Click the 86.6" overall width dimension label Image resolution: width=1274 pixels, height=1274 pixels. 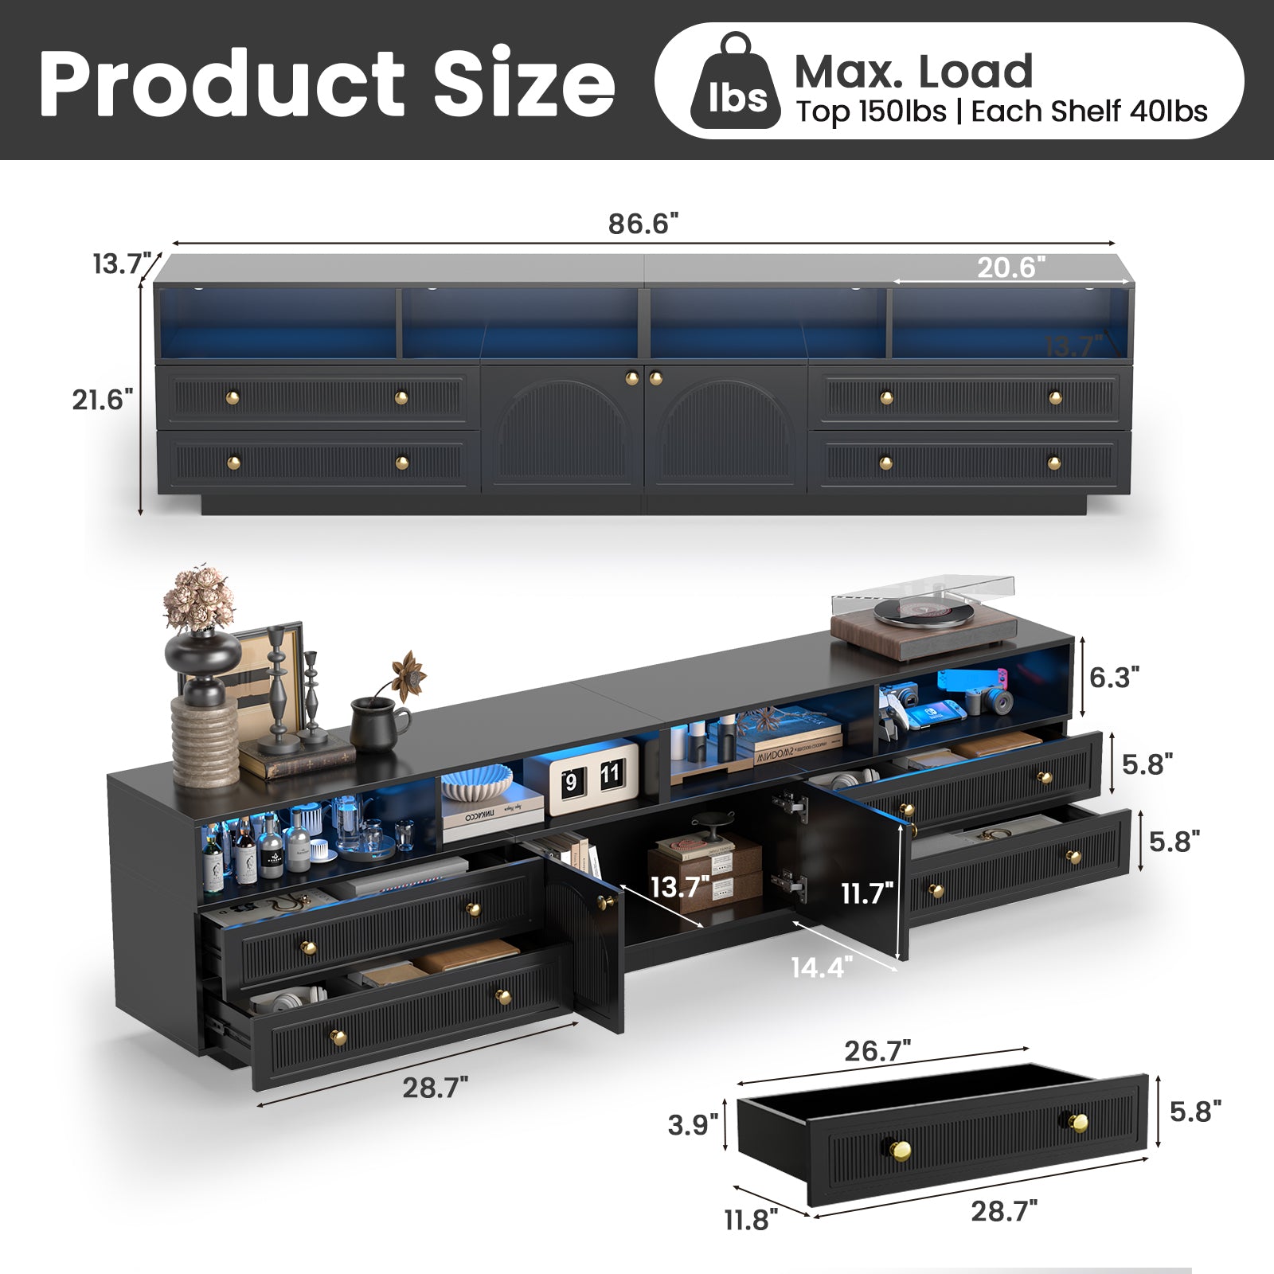point(643,224)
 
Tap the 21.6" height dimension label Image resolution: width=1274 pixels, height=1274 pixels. point(103,399)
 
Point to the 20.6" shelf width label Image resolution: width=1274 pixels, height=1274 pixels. point(1011,267)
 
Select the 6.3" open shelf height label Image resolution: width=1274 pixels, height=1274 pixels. point(1114,677)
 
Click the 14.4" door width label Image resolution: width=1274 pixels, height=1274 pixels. point(822,967)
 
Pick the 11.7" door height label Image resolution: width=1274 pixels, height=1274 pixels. point(868,893)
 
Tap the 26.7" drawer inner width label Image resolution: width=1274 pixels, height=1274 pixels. point(877,1051)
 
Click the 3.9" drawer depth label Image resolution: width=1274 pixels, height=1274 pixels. point(693,1124)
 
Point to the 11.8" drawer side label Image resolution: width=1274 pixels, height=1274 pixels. point(750,1219)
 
